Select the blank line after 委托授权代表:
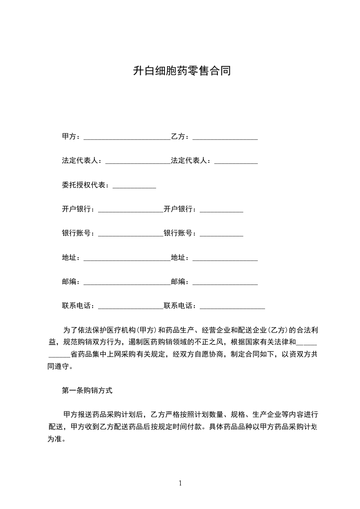coord(134,186)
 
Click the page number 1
coord(180,483)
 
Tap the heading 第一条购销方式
coord(87,390)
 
